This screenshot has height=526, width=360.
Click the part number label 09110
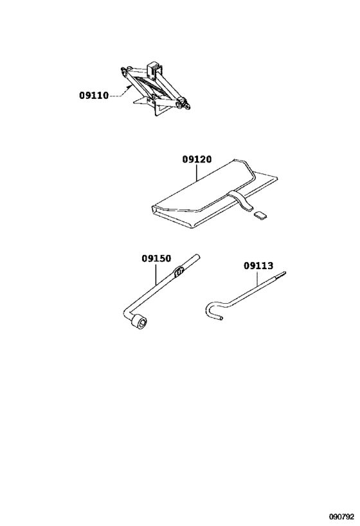coord(94,96)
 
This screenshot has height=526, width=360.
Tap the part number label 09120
coord(197,159)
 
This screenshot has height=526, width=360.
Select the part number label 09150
coord(156,258)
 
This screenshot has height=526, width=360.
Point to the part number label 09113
coord(258,266)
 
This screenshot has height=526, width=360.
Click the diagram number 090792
coord(341,516)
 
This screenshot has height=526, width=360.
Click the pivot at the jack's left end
coord(125,71)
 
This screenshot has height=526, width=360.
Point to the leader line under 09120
coord(197,173)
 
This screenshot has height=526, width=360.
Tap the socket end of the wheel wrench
coord(139,322)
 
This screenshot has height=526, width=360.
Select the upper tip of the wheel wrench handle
coord(198,257)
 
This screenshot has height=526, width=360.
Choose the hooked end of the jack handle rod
coord(213,311)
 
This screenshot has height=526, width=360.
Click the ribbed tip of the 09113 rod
coord(281,275)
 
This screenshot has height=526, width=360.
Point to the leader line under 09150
coord(156,274)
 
